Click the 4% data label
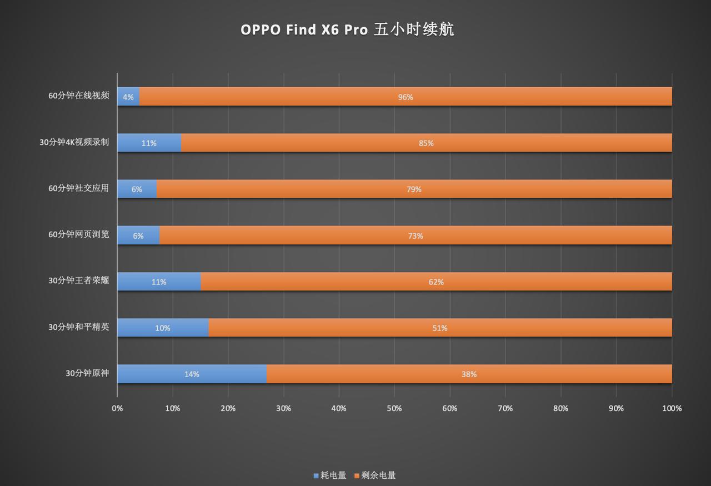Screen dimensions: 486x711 [128, 97]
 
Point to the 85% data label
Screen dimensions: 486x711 [426, 143]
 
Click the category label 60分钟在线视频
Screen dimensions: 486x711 [79, 96]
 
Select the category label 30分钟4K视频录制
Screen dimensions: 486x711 [74, 142]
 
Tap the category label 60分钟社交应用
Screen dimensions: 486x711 [79, 188]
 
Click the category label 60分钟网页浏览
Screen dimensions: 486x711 [79, 234]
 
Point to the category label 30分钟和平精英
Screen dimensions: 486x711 [79, 327]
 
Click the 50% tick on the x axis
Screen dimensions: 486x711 [394, 408]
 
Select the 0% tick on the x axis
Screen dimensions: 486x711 [117, 408]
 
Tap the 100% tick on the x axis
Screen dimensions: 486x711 [672, 408]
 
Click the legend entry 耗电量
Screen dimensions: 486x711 [330, 475]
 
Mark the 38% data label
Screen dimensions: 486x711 [469, 374]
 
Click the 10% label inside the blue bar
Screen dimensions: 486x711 [163, 328]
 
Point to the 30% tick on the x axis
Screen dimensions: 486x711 [283, 408]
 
